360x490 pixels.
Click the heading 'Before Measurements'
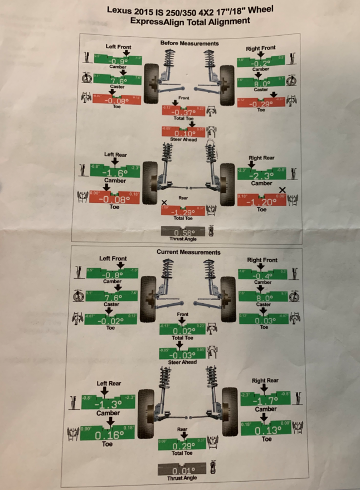189,43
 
